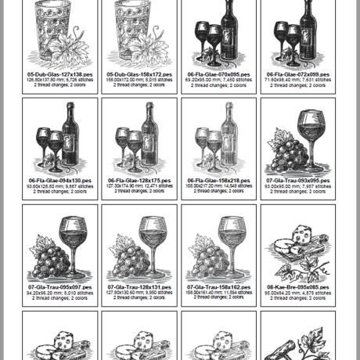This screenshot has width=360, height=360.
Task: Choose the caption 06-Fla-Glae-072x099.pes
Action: click(297, 74)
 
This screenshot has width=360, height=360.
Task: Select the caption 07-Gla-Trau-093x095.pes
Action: click(297, 180)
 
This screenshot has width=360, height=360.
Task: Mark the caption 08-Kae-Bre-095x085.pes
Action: click(297, 287)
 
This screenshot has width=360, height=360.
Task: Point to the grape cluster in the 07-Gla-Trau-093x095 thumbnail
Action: click(285, 157)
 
